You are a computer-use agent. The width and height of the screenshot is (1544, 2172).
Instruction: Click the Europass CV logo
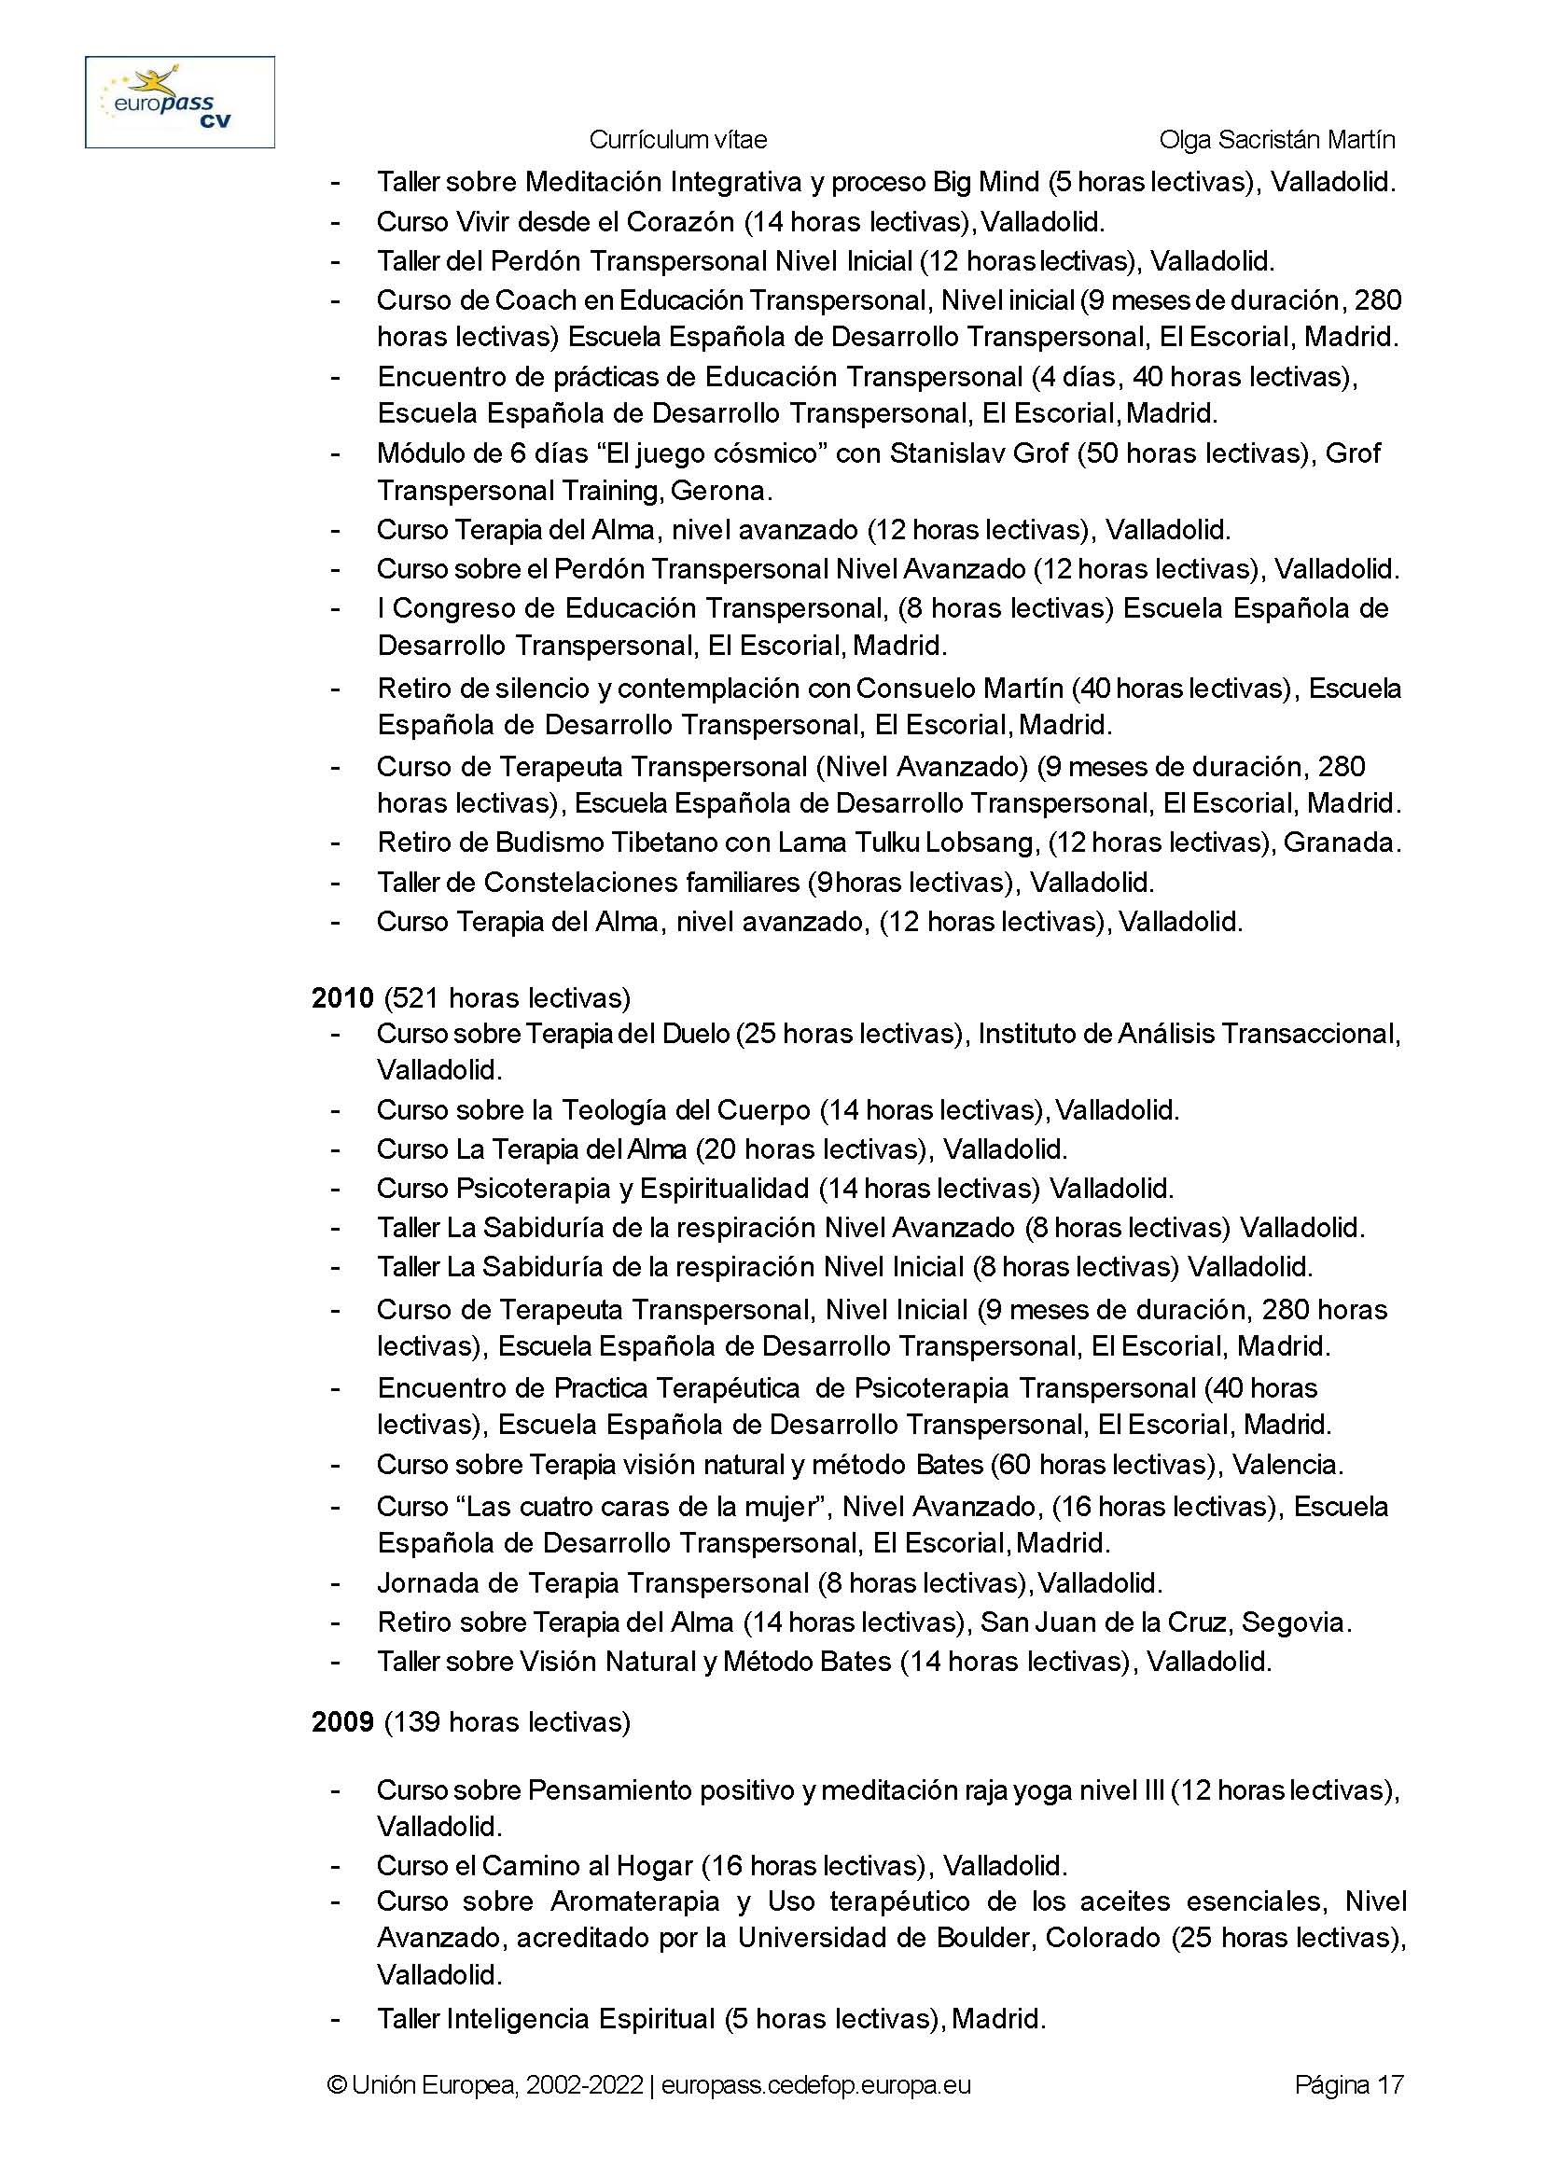coord(180,102)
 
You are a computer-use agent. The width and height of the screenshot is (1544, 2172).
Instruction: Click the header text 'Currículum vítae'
coord(678,140)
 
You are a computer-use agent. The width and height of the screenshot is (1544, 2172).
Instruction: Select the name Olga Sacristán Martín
coord(1277,140)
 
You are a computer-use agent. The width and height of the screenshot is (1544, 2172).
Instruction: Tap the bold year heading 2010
coord(342,997)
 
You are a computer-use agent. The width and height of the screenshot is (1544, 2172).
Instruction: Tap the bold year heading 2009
coord(342,1722)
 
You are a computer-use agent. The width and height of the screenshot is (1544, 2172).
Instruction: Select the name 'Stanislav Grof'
coord(980,452)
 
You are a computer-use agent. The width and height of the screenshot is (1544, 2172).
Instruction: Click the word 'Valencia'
coord(1286,1465)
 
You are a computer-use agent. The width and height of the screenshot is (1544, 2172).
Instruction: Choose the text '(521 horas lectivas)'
coord(507,997)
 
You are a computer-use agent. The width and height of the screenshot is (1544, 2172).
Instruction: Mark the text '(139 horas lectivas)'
coord(507,1722)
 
